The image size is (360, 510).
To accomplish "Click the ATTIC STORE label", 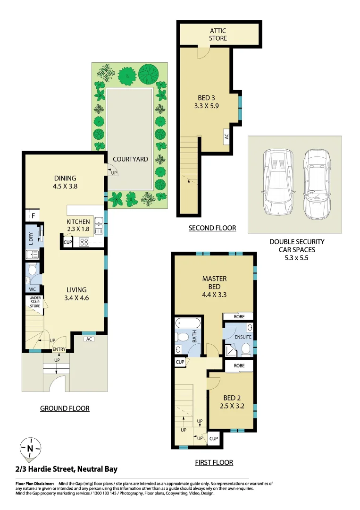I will [x=218, y=34].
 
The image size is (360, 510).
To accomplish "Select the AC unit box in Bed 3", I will [x=226, y=136].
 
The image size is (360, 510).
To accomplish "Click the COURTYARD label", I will [x=130, y=159].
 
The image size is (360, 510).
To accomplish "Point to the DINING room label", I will [x=65, y=178].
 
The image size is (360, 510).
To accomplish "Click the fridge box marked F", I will [x=33, y=216].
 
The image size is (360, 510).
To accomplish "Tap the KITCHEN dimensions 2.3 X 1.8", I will [x=78, y=229].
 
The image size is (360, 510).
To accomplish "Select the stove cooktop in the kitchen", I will [x=84, y=242].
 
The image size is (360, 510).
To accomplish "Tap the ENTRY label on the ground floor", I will [x=59, y=349].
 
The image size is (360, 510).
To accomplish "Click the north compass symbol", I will [x=30, y=449].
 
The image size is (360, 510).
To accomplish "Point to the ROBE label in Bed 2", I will [x=239, y=365].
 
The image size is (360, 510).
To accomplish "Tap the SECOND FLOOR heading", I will [x=212, y=228].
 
